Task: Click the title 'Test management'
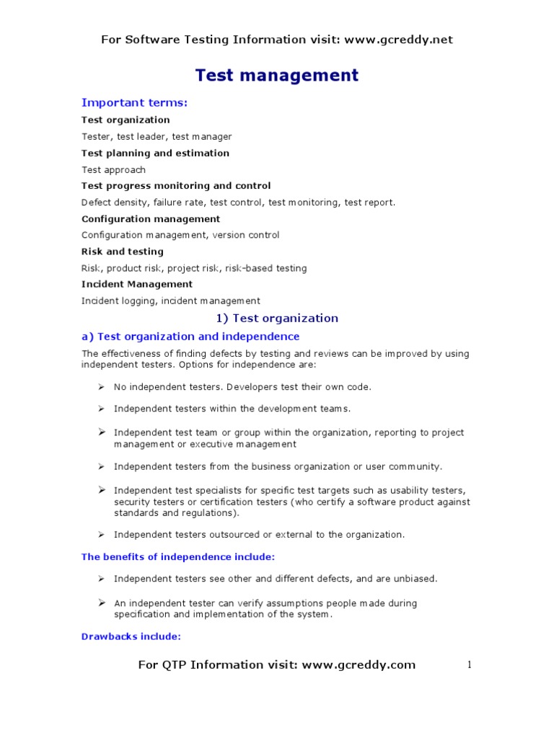pyautogui.click(x=277, y=75)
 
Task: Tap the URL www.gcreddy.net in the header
pyautogui.click(x=398, y=40)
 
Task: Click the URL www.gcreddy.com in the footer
pyautogui.click(x=359, y=664)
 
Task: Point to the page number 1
pyautogui.click(x=469, y=664)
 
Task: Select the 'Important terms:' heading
pyautogui.click(x=134, y=102)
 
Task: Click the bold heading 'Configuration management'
pyautogui.click(x=151, y=218)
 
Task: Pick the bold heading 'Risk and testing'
pyautogui.click(x=123, y=252)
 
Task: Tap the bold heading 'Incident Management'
pyautogui.click(x=137, y=284)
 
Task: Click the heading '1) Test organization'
pyautogui.click(x=277, y=318)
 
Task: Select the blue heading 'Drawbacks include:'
pyautogui.click(x=131, y=636)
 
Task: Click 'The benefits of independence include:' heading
pyautogui.click(x=178, y=556)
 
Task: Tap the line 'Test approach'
pyautogui.click(x=113, y=170)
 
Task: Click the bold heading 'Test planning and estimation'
pyautogui.click(x=155, y=153)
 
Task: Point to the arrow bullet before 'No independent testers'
pyautogui.click(x=102, y=387)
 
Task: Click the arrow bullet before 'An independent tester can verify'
pyautogui.click(x=102, y=602)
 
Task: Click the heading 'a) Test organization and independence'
pyautogui.click(x=190, y=337)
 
